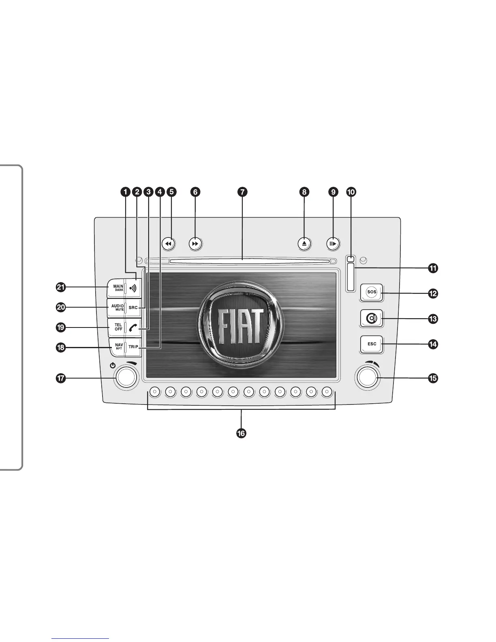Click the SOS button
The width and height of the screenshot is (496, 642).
pyautogui.click(x=371, y=292)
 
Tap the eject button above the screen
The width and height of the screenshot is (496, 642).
pyautogui.click(x=305, y=244)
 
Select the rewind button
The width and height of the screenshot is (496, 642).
pyautogui.click(x=169, y=244)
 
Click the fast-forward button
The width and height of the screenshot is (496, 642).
pyautogui.click(x=195, y=244)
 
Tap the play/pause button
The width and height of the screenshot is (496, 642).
pyautogui.click(x=333, y=244)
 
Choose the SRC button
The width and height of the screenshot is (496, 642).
pyautogui.click(x=133, y=308)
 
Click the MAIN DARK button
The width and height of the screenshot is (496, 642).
pyautogui.click(x=117, y=288)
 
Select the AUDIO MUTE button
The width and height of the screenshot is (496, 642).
pyautogui.click(x=117, y=308)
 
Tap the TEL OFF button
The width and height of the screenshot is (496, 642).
pyautogui.click(x=117, y=327)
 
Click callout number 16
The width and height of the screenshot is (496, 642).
pyautogui.click(x=241, y=433)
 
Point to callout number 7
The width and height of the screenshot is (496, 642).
pyautogui.click(x=242, y=192)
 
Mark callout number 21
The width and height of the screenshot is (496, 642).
pyautogui.click(x=61, y=287)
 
